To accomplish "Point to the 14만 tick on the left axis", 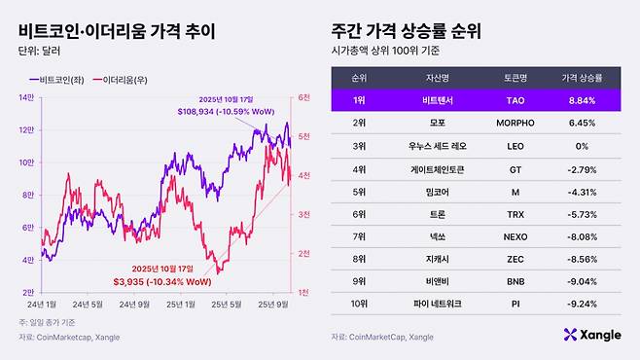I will [26, 96].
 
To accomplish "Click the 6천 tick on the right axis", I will [304, 96].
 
